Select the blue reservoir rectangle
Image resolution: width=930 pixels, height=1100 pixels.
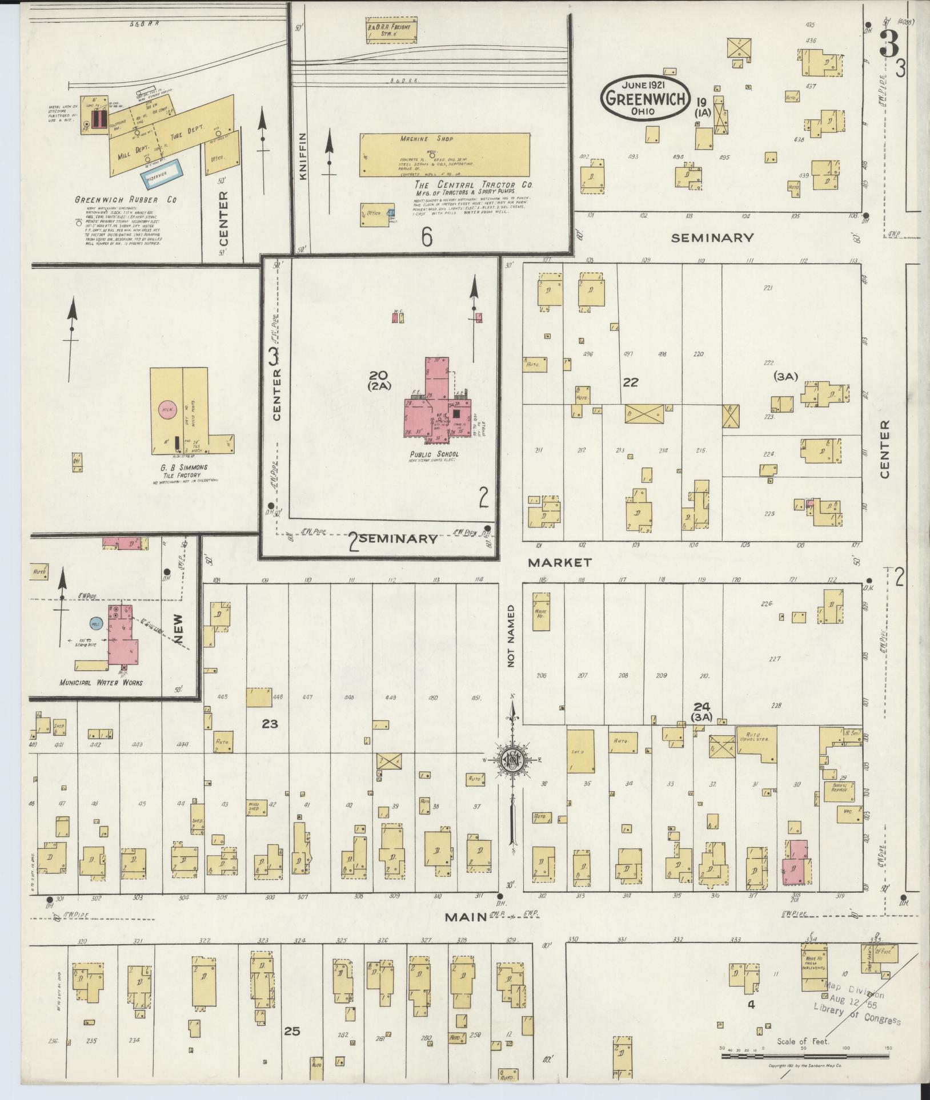click(x=161, y=178)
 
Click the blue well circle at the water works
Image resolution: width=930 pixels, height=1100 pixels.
click(x=97, y=624)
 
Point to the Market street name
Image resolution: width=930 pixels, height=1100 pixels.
click(x=559, y=562)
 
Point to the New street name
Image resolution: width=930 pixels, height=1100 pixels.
click(x=182, y=629)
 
